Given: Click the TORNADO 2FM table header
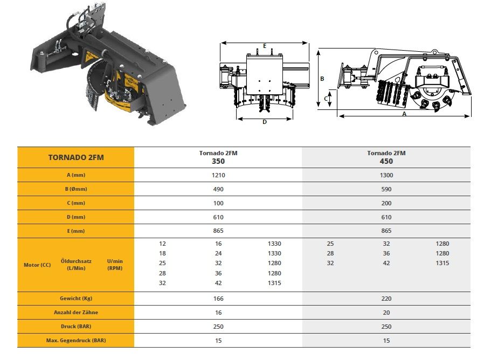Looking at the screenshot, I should (75, 157).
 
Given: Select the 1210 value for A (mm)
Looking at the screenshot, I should (218, 175).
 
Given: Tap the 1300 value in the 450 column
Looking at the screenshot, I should (386, 175).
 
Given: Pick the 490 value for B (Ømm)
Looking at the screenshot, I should (218, 189).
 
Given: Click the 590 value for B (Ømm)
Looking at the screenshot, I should (386, 189).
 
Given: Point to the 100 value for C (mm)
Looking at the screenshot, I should (218, 203).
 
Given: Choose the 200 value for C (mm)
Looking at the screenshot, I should (386, 203).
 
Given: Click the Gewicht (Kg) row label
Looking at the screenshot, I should (75, 299).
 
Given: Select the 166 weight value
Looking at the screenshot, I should (218, 299).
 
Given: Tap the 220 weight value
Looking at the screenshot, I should (386, 299).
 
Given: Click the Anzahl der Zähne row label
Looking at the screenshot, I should (75, 313).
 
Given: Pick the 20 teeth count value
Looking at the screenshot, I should (386, 313).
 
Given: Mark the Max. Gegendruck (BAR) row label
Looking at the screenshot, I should (75, 341).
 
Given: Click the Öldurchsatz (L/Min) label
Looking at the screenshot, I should (76, 265).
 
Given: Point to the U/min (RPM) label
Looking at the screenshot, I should (115, 265).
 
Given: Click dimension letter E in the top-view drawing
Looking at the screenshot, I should (265, 46).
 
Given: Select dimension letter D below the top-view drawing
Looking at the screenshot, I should (264, 122).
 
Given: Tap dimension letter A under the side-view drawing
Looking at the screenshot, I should (404, 114).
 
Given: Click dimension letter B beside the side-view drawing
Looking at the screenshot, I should (322, 79).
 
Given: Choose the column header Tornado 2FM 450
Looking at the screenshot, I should (386, 157).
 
